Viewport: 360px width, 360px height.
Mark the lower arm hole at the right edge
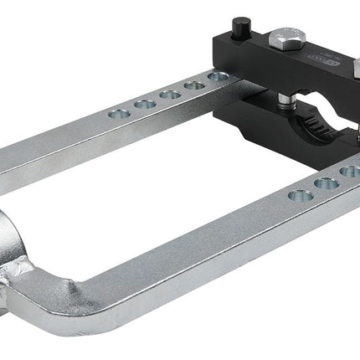pos(351,172)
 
